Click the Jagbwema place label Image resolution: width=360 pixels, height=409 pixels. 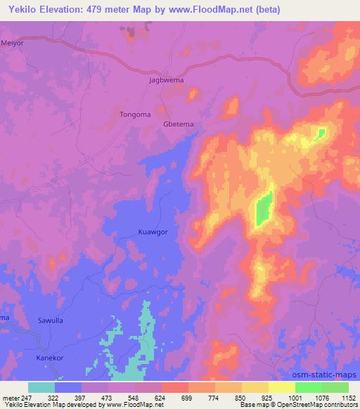coord(167,81)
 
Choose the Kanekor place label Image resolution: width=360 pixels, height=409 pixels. coord(49,358)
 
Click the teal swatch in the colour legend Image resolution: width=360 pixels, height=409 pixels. coord(41,387)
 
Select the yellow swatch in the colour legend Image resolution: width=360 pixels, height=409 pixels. coord(281,387)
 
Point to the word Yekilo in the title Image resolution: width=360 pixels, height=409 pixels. coord(20,9)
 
